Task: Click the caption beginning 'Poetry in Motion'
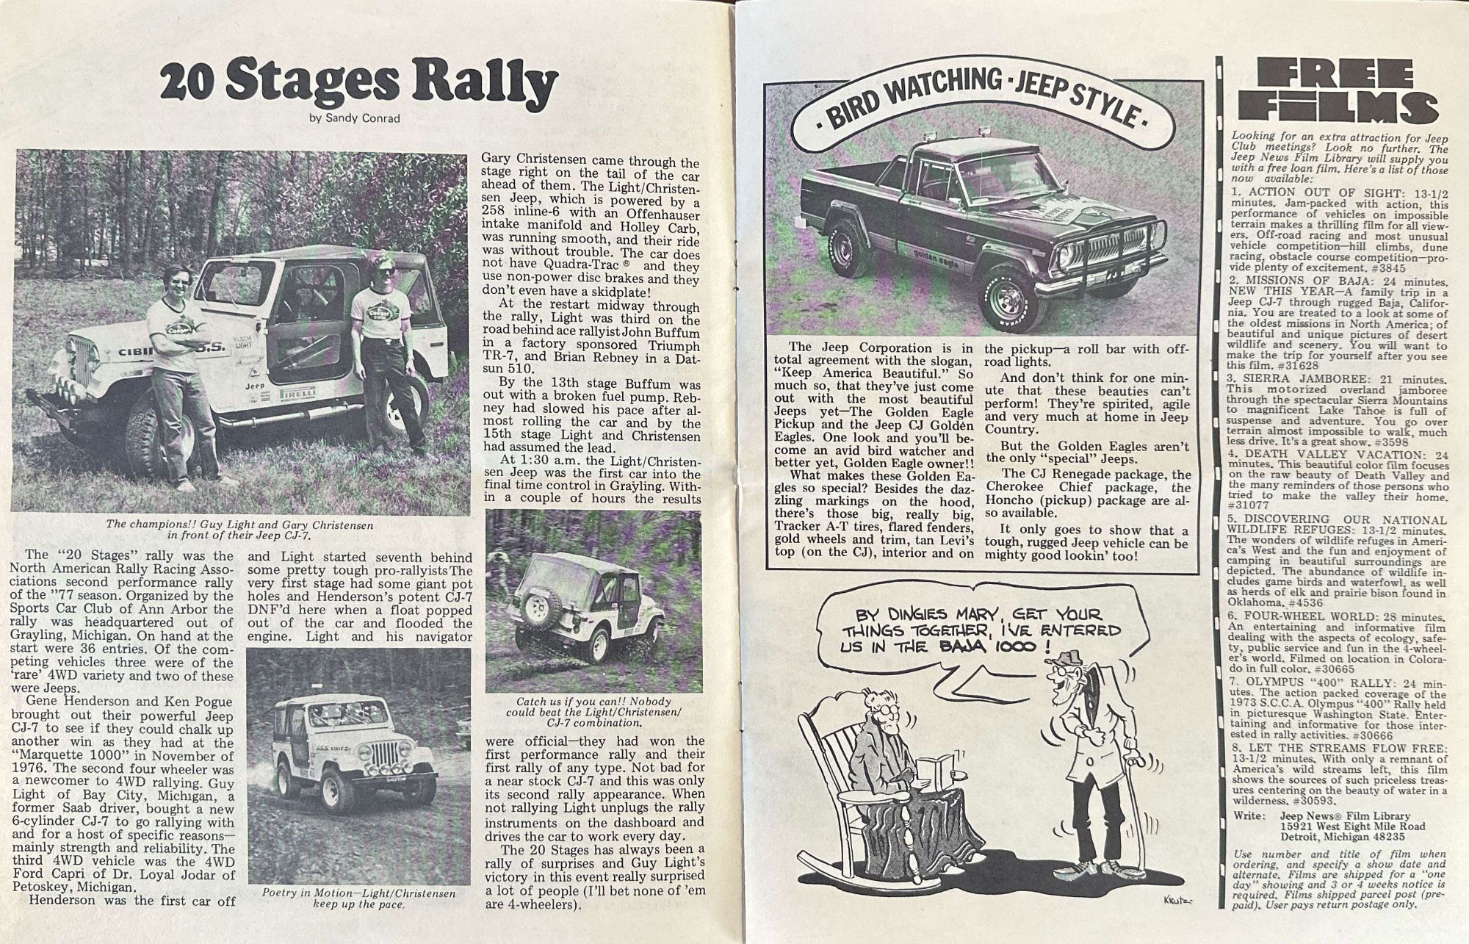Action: click(x=359, y=898)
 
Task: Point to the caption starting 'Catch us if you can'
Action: click(x=593, y=711)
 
